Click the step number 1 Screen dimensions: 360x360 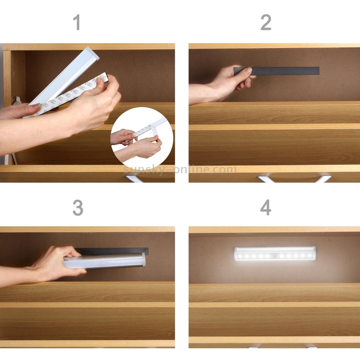click(77, 22)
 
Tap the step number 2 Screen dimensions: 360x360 click(266, 22)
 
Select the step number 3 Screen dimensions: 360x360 click(78, 207)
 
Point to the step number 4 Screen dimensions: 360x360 click(265, 207)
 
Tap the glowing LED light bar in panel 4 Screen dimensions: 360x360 click(275, 253)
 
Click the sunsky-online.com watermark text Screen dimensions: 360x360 click(180, 170)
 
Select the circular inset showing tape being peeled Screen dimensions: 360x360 click(142, 137)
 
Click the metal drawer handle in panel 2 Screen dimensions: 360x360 click(294, 179)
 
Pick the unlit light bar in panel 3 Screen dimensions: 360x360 click(105, 261)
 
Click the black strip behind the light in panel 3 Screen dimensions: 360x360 click(112, 251)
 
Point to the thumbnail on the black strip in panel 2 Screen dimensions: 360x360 click(248, 70)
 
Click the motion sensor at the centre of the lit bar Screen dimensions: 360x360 click(275, 255)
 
